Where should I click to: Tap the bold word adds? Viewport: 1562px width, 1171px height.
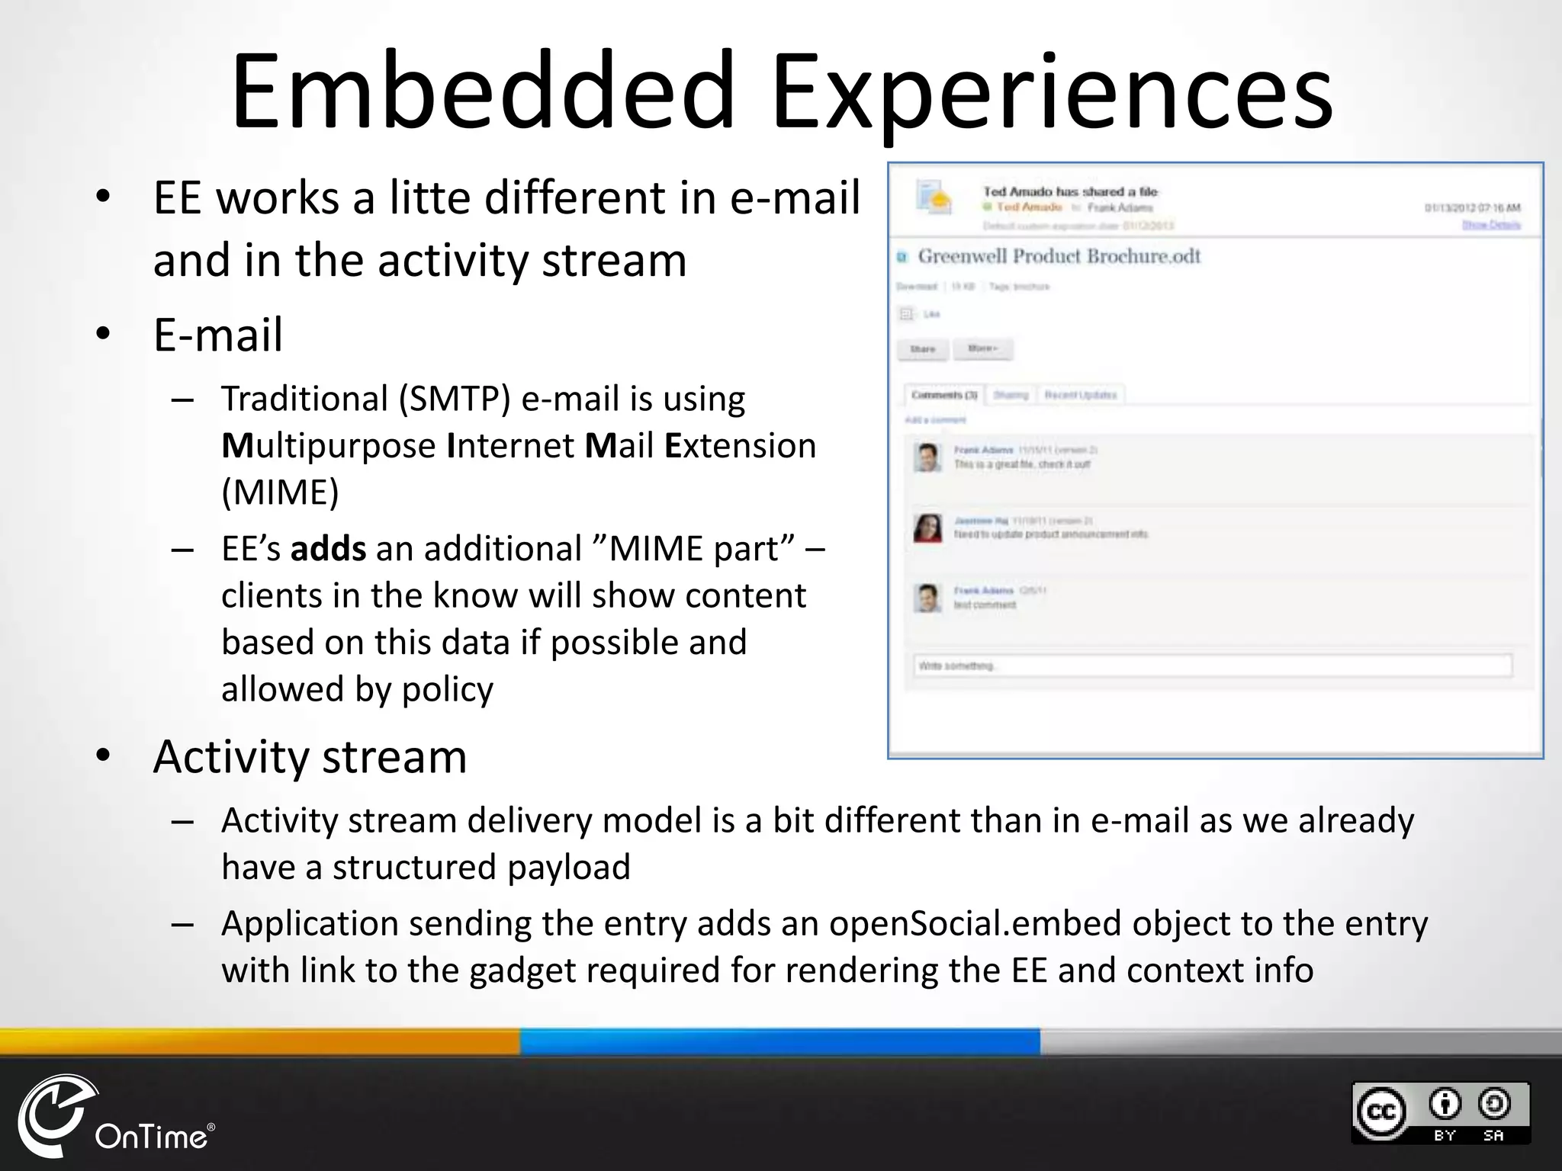point(328,549)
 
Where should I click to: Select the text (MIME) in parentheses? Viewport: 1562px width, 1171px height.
point(280,492)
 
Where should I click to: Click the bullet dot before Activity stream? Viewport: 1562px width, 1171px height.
point(104,756)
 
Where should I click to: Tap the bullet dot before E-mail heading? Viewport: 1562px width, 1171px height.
point(104,334)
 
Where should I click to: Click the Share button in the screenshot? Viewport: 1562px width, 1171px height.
point(922,349)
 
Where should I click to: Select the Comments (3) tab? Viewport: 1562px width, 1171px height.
point(944,395)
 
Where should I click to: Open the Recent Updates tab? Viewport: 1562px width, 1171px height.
point(1080,395)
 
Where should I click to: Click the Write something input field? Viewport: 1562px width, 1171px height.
point(1212,666)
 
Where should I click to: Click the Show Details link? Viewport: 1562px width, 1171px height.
point(1490,225)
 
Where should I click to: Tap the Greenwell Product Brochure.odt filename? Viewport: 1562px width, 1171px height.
point(1059,256)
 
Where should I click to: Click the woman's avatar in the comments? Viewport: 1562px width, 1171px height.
point(927,528)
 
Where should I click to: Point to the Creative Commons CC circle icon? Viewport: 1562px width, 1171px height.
point(1380,1112)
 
